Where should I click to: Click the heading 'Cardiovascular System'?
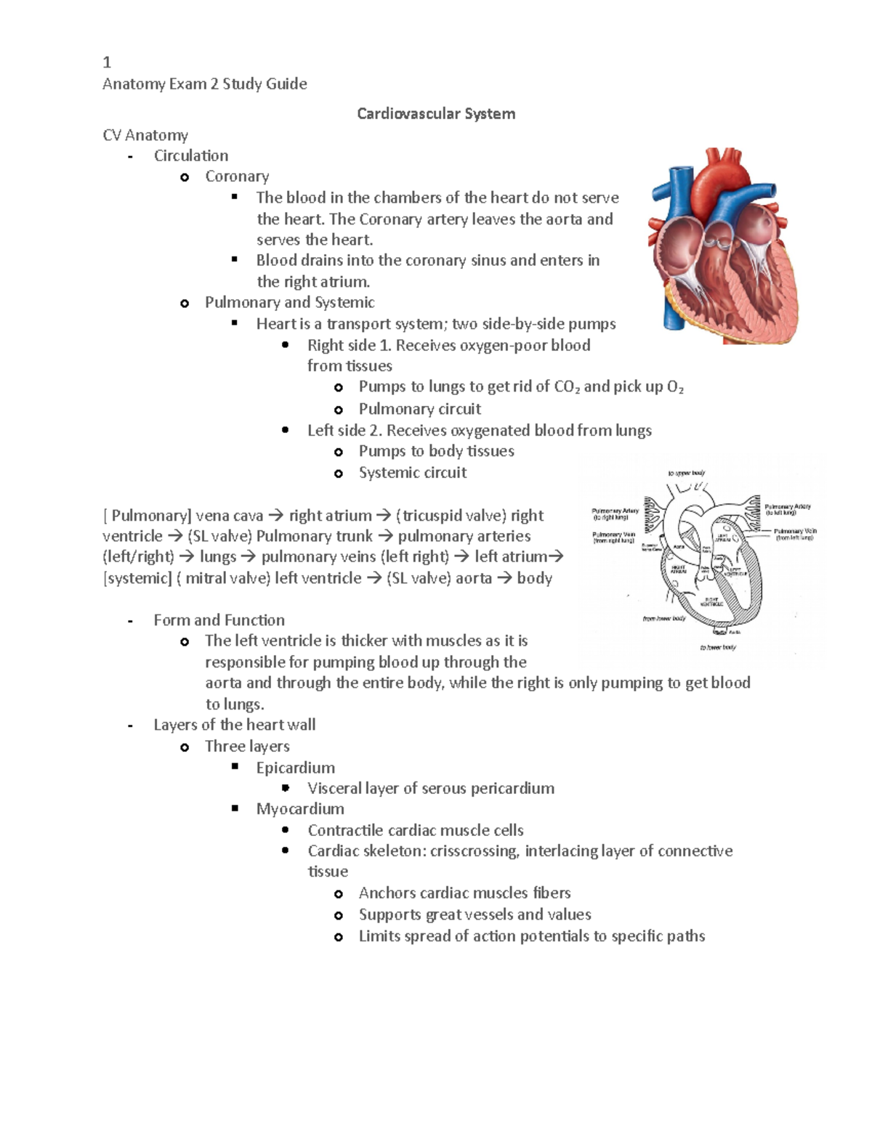(436, 114)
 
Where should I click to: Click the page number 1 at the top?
(107, 62)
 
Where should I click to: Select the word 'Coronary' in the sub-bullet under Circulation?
(237, 176)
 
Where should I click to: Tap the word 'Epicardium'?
(295, 768)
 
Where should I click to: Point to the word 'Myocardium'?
(300, 809)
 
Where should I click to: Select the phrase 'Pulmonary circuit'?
(419, 409)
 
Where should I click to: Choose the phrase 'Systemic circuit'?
(412, 473)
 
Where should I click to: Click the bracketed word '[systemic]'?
(137, 579)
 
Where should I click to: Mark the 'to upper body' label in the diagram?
(686, 473)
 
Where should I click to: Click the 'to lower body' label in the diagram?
(717, 647)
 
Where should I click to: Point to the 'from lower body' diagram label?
(663, 619)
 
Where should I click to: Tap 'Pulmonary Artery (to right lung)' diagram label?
(615, 514)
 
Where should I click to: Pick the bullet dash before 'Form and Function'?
(130, 622)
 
